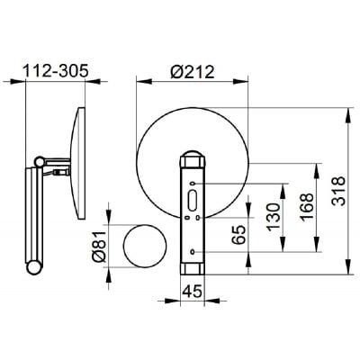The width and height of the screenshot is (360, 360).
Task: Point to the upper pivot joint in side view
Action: click(x=37, y=165)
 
